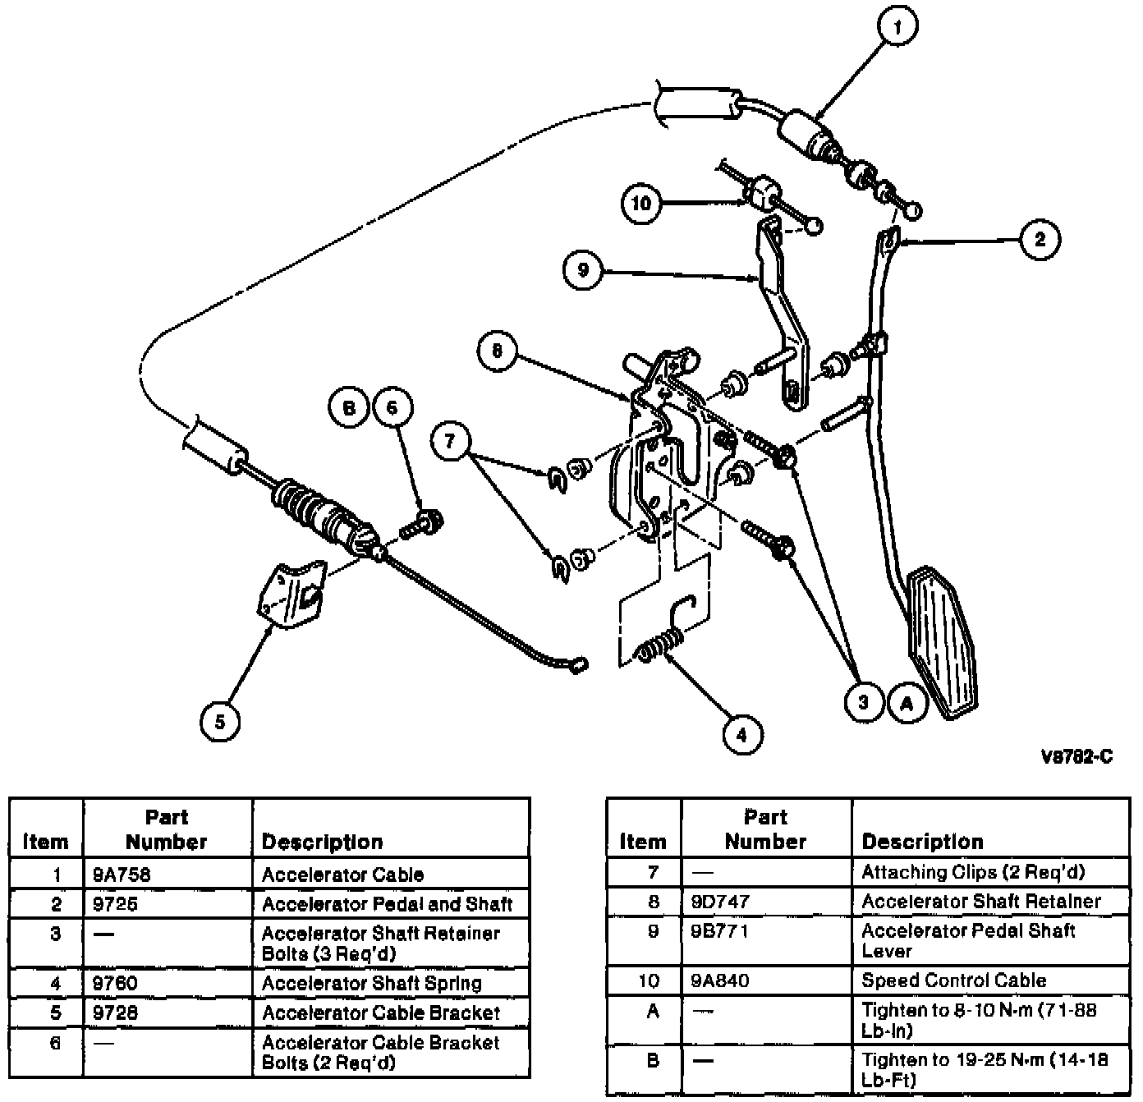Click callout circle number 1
897,27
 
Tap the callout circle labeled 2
1040,240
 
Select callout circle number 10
641,202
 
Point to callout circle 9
583,269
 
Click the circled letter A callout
907,704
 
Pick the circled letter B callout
350,407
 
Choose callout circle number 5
219,722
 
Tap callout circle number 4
741,734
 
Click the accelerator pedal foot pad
943,641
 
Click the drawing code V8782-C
1076,757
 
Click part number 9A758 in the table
122,875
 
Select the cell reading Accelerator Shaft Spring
371,983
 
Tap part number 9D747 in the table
720,902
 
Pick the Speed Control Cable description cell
953,980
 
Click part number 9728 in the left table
115,1012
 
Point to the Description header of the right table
922,842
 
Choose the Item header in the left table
46,842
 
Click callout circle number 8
497,352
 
